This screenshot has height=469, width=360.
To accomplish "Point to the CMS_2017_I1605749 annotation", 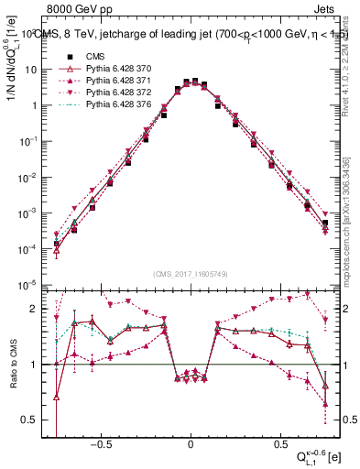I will [x=190, y=274].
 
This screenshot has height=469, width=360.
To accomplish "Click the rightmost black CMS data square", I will [x=325, y=223].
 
